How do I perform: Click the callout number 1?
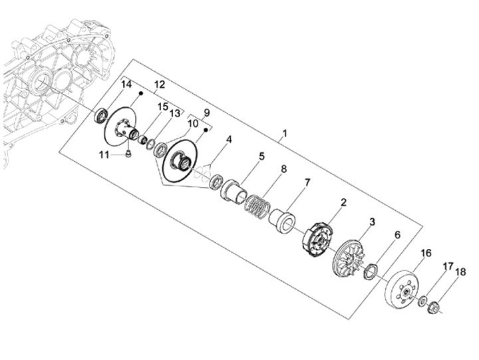(x=285, y=134)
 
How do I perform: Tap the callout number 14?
(x=126, y=84)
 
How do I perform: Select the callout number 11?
(x=104, y=155)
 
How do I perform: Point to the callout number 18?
(x=460, y=271)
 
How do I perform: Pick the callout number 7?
(x=307, y=183)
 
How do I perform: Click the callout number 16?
(x=426, y=253)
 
